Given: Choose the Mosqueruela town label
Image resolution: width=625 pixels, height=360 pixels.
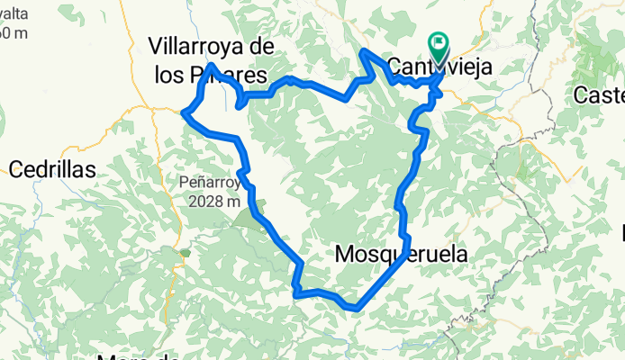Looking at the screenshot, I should point(401,255).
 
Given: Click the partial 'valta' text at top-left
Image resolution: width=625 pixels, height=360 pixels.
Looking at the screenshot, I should point(14,13).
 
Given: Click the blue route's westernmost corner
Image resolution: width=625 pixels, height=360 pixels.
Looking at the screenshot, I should point(184,112).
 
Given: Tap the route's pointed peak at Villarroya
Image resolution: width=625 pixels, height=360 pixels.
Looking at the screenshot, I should point(210,65).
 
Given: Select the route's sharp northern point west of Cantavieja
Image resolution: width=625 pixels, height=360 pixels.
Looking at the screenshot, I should point(362,51).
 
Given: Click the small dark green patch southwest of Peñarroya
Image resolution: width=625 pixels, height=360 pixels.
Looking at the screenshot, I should point(185,253).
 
